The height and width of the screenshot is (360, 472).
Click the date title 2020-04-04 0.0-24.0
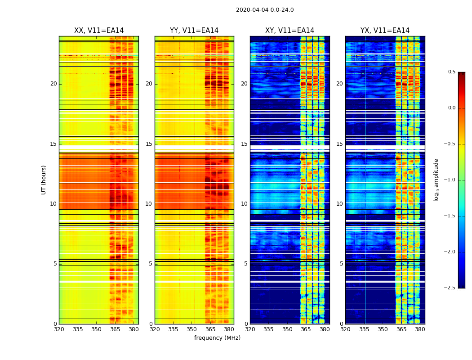click(x=265, y=10)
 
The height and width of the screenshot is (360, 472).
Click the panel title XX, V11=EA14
click(x=99, y=31)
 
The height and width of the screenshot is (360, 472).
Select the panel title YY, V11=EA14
click(x=194, y=31)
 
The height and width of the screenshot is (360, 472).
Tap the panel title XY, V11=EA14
click(x=289, y=31)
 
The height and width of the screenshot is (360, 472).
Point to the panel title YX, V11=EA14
click(x=385, y=31)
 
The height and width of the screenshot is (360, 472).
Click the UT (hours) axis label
click(x=44, y=180)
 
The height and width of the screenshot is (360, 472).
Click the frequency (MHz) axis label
click(x=217, y=338)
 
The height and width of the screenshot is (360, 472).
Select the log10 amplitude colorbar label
click(x=436, y=180)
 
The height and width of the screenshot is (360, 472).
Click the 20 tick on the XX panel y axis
click(x=53, y=84)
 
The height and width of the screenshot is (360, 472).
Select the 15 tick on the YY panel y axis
click(x=149, y=144)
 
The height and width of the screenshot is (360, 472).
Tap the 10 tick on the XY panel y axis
click(x=244, y=204)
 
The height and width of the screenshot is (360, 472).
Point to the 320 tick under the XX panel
click(x=59, y=329)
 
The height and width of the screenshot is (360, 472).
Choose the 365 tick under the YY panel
click(x=210, y=329)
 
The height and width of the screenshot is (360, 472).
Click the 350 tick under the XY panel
click(x=287, y=329)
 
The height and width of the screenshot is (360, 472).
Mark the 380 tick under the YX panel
click(x=420, y=329)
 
